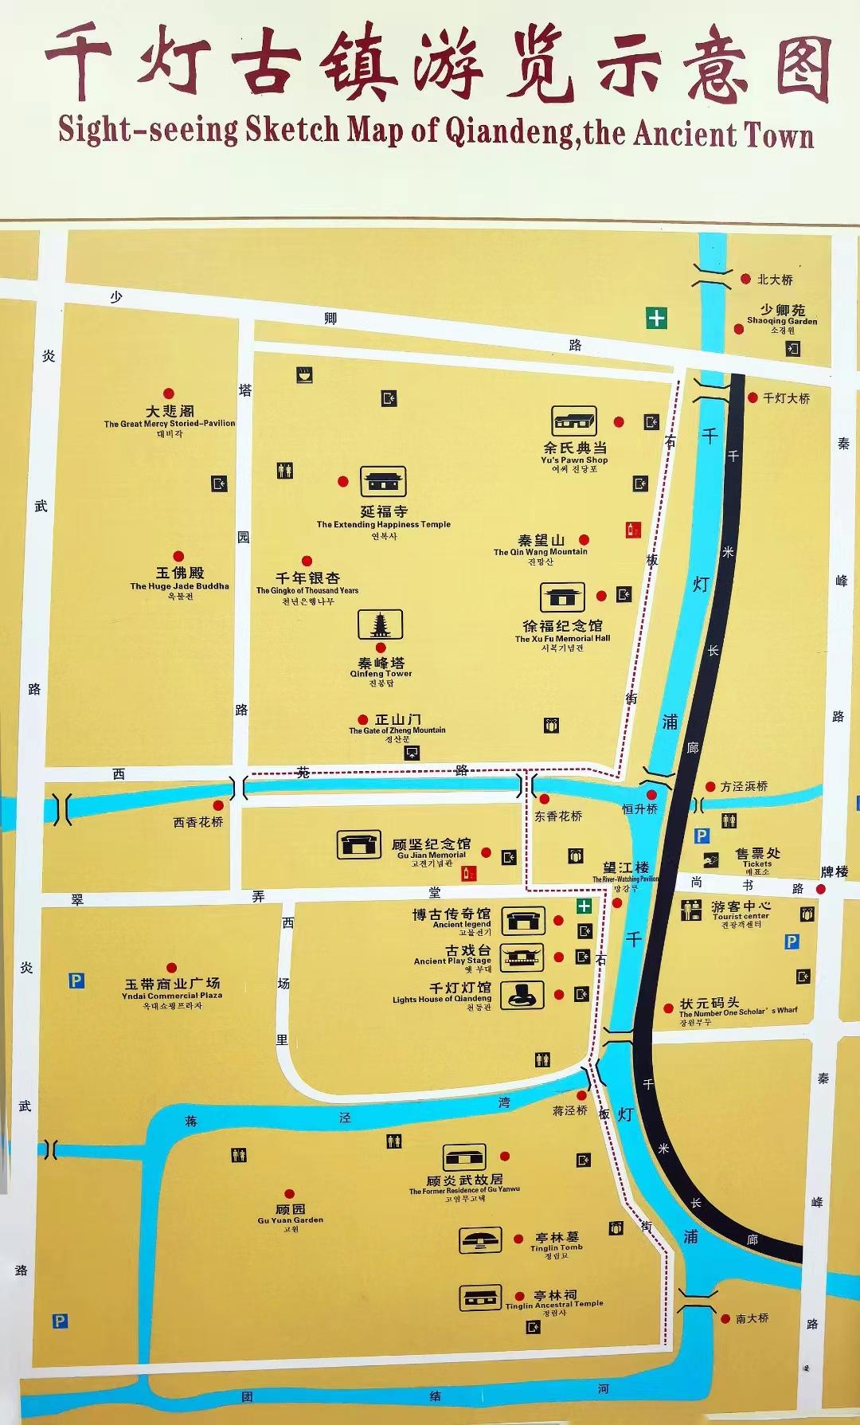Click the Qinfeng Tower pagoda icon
[380, 625]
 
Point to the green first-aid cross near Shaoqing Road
[656, 318]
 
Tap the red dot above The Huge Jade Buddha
[178, 557]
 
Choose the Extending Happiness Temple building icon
[383, 481]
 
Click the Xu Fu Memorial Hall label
[562, 632]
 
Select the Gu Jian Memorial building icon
[354, 844]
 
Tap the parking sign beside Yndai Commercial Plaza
[76, 981]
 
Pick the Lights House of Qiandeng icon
[522, 993]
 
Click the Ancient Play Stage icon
[522, 957]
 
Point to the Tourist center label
[741, 910]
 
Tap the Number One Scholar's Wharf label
[737, 1008]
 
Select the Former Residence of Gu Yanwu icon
[463, 1158]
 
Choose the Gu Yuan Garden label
[290, 1214]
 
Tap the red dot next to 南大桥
[725, 1319]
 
